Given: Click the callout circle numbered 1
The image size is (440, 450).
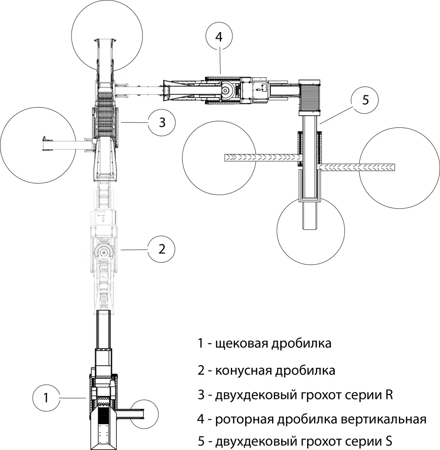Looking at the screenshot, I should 46,398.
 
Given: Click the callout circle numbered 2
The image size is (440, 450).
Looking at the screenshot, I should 161,249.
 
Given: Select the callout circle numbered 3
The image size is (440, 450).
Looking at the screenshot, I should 161,123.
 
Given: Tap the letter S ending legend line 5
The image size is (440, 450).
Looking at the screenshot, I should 388,440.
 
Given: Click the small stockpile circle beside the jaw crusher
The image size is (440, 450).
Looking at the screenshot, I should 145,414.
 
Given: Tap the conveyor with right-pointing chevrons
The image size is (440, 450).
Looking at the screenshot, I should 261,157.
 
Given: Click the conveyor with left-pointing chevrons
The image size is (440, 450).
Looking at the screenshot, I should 358,167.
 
